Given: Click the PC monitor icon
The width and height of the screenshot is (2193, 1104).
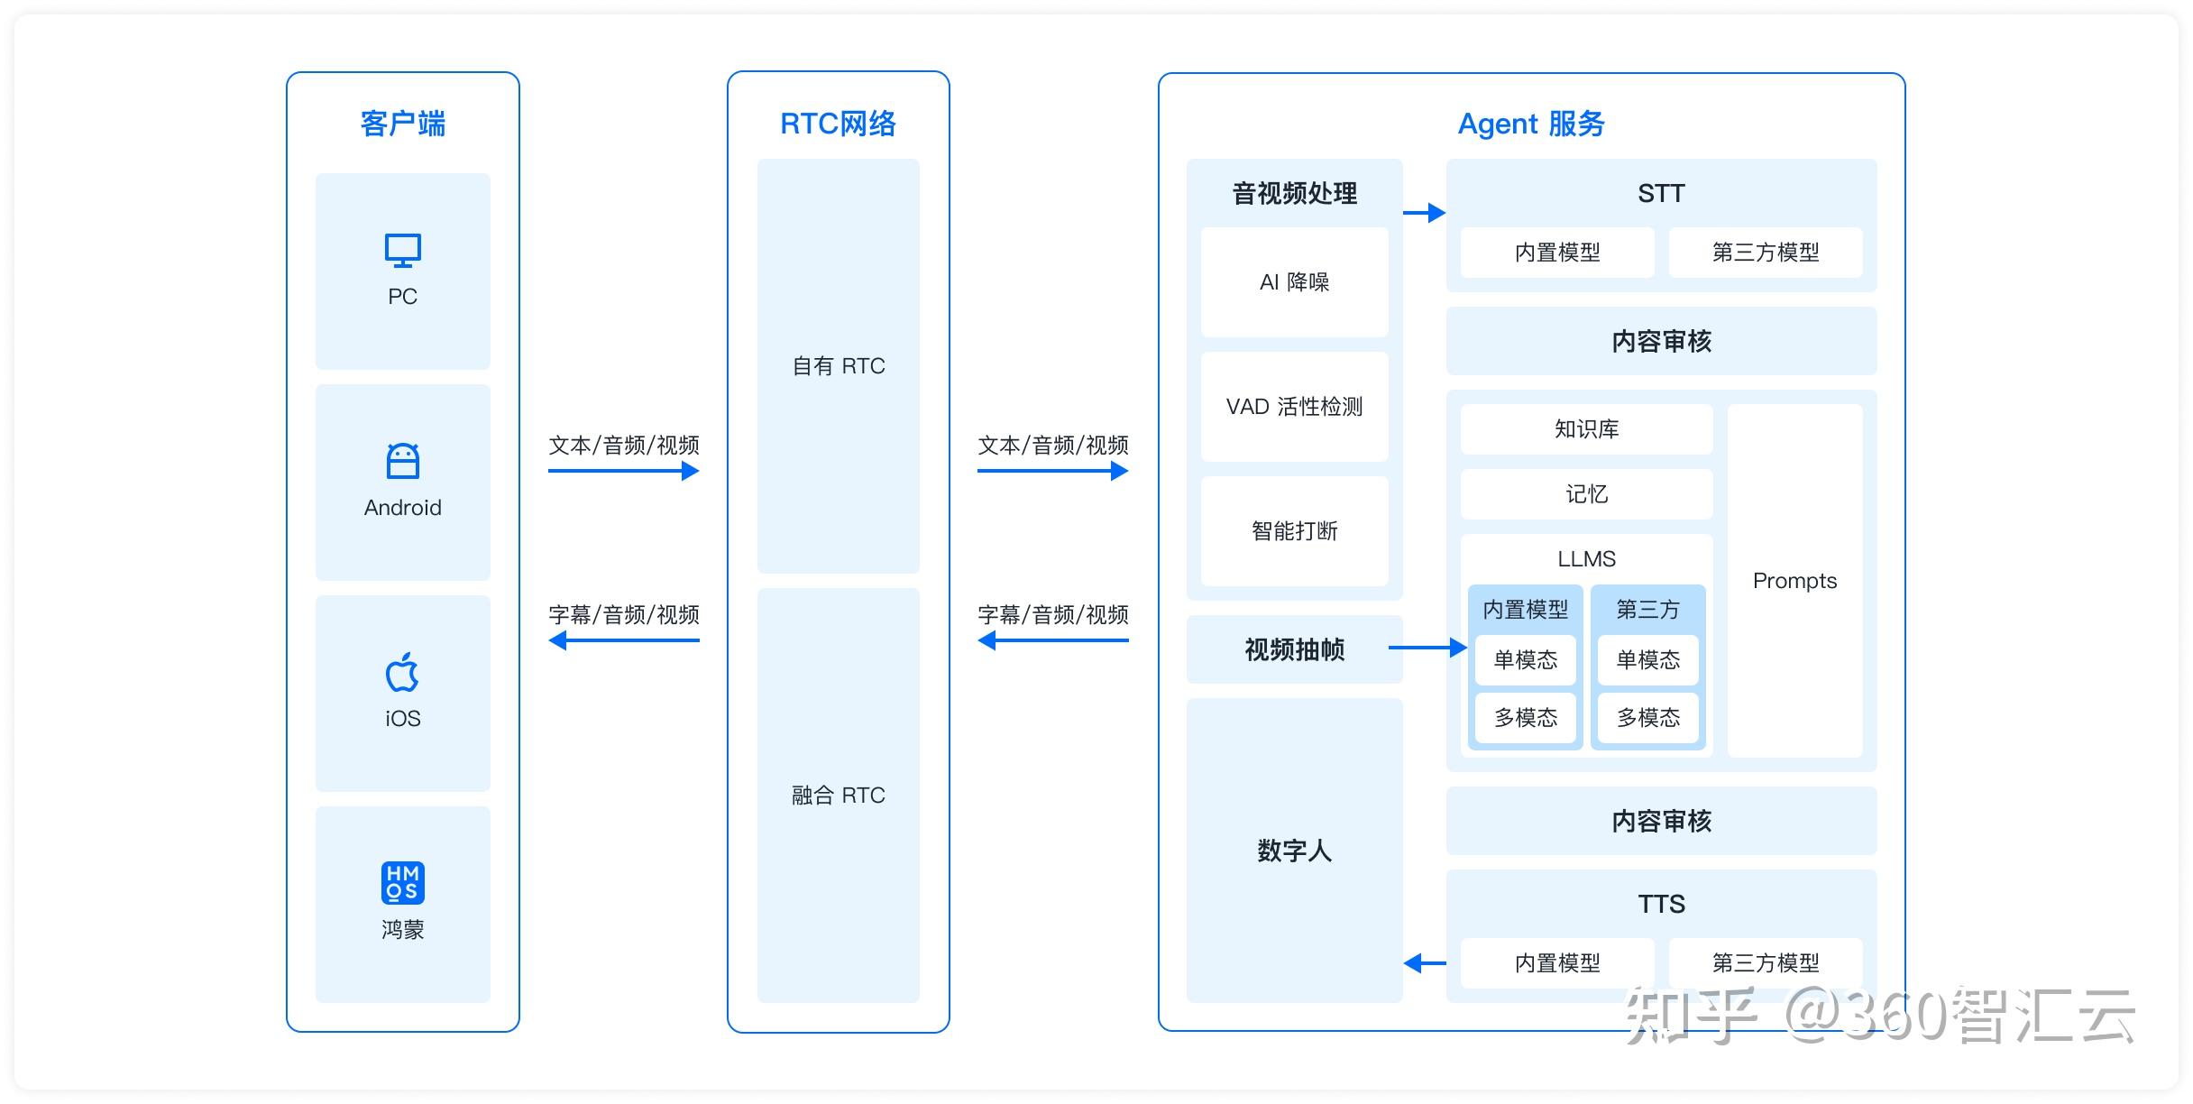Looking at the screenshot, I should pyautogui.click(x=402, y=251).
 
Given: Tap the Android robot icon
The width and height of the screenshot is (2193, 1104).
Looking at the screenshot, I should pyautogui.click(x=402, y=461).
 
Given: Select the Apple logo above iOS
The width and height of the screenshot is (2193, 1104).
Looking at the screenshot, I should pyautogui.click(x=402, y=672).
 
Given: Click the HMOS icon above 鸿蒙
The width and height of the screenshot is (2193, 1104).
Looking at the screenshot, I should pyautogui.click(x=402, y=882).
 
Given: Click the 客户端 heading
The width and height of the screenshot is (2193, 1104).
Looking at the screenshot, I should pyautogui.click(x=402, y=124).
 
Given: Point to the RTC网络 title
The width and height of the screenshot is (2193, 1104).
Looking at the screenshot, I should pyautogui.click(x=838, y=124).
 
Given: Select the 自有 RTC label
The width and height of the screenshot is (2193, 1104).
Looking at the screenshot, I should pyautogui.click(x=838, y=366).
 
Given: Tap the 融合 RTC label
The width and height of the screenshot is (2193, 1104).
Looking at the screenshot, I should pyautogui.click(x=838, y=796).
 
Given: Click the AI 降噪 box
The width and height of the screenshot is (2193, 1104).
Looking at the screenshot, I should pyautogui.click(x=1294, y=282).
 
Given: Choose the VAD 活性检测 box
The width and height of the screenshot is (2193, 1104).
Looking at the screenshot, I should pyautogui.click(x=1294, y=407).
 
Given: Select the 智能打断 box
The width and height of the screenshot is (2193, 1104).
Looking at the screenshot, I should pyautogui.click(x=1294, y=531).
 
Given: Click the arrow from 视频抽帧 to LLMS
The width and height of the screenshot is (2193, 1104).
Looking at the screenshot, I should pyautogui.click(x=1427, y=648).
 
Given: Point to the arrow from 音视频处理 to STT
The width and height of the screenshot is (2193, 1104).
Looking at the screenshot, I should pyautogui.click(x=1425, y=213).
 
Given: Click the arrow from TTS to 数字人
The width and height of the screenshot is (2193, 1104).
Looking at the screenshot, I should pyautogui.click(x=1425, y=963).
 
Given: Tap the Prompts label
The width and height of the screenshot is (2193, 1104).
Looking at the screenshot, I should pyautogui.click(x=1794, y=581).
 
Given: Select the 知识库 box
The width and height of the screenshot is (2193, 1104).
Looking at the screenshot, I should pyautogui.click(x=1586, y=429).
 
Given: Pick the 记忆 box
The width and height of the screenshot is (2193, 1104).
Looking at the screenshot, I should pyautogui.click(x=1586, y=494).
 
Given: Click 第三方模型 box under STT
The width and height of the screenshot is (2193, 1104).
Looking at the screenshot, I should pyautogui.click(x=1765, y=253).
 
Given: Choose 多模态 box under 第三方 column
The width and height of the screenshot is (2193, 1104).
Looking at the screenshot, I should pyautogui.click(x=1647, y=718).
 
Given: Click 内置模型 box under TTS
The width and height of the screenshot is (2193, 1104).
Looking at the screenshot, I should pyautogui.click(x=1556, y=963).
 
